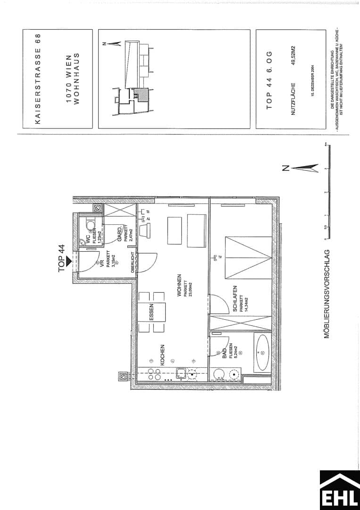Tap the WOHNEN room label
click(179, 286)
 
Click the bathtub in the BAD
click(261, 351)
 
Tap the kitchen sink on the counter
click(181, 374)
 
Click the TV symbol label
click(220, 257)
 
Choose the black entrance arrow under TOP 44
click(68, 260)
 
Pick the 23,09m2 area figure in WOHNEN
click(191, 289)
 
